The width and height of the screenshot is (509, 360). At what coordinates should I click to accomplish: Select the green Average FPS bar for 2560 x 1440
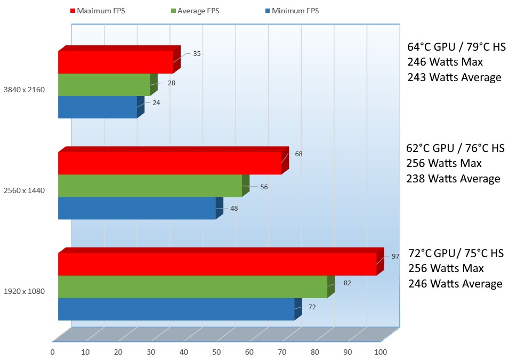(150, 186)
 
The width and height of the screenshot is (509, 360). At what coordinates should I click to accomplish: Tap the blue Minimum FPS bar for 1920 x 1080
(176, 309)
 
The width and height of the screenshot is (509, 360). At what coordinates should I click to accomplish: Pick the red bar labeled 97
(217, 264)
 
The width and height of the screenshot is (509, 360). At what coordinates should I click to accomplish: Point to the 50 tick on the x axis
(216, 352)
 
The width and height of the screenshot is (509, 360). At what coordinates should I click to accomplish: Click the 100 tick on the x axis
(380, 352)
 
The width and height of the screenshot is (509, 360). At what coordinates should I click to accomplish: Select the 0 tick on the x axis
(52, 352)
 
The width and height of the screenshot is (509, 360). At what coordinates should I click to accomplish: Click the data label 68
(298, 154)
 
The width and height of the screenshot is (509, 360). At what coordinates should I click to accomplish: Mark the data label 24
(156, 102)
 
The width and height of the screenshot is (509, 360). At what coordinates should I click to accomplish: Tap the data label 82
(347, 283)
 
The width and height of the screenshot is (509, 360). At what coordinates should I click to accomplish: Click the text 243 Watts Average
(454, 77)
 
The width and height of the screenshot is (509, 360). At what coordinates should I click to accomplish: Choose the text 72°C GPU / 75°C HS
(456, 253)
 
